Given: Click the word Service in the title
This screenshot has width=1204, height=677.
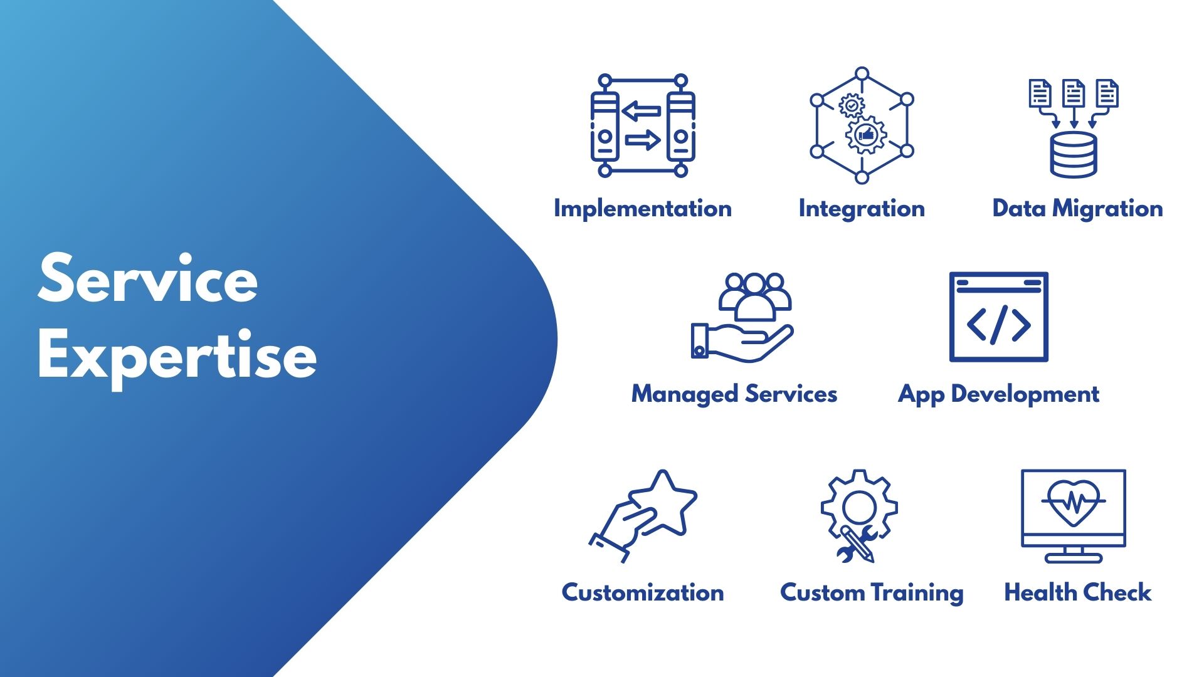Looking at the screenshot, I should click(148, 278).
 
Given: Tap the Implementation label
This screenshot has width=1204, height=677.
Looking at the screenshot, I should click(643, 208).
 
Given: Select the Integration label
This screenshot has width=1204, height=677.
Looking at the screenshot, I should click(862, 209).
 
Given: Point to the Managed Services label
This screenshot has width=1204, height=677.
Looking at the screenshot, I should click(734, 394).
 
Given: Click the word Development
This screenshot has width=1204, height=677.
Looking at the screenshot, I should click(1025, 394).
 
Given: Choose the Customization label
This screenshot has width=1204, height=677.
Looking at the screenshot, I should click(643, 592).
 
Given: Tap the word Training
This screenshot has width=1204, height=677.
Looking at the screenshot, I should click(917, 592).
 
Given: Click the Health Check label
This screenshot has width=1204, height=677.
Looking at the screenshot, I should click(1077, 592).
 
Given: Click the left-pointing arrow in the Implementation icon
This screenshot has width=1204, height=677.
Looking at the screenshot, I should click(642, 112).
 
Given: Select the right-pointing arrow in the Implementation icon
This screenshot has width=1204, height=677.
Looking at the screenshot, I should click(643, 140).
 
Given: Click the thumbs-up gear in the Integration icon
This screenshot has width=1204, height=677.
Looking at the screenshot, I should click(866, 134).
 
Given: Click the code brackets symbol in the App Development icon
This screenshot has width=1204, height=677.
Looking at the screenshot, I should click(999, 324).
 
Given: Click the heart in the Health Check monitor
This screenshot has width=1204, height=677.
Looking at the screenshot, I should click(1074, 501).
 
